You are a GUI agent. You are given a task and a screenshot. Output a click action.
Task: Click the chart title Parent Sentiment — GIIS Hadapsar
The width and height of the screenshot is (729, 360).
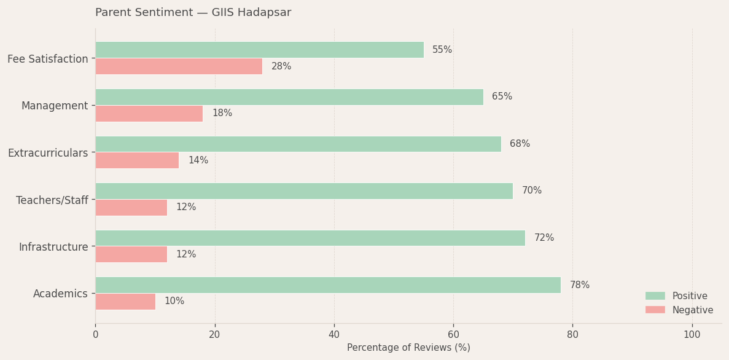[x=193, y=13]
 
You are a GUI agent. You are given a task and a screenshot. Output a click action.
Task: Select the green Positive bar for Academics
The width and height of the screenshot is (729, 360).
[x=328, y=285]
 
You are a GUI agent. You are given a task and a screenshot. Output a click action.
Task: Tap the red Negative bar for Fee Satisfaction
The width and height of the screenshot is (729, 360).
[x=179, y=66]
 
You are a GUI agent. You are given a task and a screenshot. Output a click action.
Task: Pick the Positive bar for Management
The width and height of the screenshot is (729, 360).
[x=289, y=97]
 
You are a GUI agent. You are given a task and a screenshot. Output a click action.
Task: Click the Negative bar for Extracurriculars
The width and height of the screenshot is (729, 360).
[x=137, y=160]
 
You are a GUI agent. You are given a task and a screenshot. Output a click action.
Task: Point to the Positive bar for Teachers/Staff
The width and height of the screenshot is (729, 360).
[x=304, y=191]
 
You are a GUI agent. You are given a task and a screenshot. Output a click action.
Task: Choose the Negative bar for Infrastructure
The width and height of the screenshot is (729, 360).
[x=131, y=254]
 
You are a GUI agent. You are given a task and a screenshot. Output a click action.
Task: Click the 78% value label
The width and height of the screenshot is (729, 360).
[x=580, y=285]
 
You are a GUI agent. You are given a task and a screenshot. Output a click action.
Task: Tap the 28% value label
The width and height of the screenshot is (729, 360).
[x=281, y=66]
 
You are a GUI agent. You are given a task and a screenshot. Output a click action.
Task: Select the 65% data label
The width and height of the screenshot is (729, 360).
[x=502, y=97]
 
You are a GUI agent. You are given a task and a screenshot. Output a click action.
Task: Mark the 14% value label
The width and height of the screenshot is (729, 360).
[x=198, y=160]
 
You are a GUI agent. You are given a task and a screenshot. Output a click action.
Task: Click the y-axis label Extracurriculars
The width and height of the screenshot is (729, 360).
[x=48, y=153]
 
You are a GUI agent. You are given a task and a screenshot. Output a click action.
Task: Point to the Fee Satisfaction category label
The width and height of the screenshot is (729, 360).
[x=48, y=59]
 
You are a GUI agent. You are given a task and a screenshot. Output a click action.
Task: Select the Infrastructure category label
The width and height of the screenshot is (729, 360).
[x=53, y=247]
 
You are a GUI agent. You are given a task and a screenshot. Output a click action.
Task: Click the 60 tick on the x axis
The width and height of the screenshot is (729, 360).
[x=453, y=335]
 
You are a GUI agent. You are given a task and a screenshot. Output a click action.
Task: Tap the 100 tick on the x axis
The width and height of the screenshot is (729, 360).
[x=692, y=335]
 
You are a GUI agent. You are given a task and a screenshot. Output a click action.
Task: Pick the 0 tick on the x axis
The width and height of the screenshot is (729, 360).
[x=95, y=335]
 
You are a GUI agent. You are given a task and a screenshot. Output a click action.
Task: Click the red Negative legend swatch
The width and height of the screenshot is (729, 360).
[x=655, y=310]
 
